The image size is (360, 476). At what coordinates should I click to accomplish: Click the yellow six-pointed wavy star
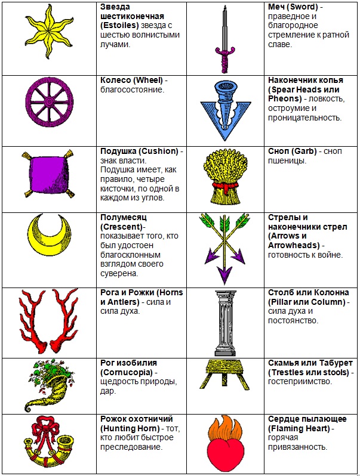click(x=48, y=32)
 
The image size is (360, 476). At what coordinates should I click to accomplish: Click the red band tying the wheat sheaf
click(x=225, y=185)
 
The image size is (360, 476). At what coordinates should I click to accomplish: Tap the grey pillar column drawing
click(x=225, y=323)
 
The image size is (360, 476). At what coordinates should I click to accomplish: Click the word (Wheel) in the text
click(x=149, y=80)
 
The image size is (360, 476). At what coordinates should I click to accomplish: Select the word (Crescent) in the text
click(x=121, y=227)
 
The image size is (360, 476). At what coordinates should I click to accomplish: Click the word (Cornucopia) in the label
click(x=127, y=372)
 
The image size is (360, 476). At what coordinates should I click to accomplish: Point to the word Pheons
click(x=285, y=98)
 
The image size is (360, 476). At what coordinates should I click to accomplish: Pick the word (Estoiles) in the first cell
click(x=119, y=26)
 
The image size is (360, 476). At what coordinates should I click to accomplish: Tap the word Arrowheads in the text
click(x=294, y=245)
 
